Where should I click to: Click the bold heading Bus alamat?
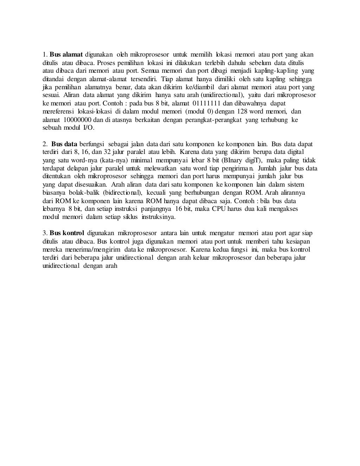(x=66, y=54)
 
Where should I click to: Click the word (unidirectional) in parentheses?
(x=222, y=95)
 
